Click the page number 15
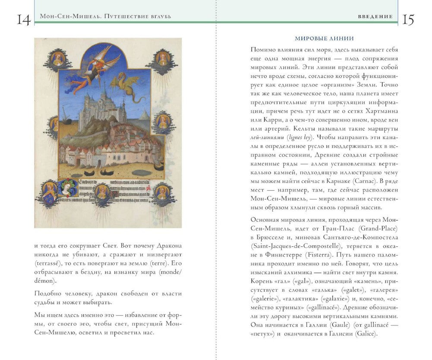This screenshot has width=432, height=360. coord(408,19)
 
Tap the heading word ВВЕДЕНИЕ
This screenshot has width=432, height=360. coord(375,16)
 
